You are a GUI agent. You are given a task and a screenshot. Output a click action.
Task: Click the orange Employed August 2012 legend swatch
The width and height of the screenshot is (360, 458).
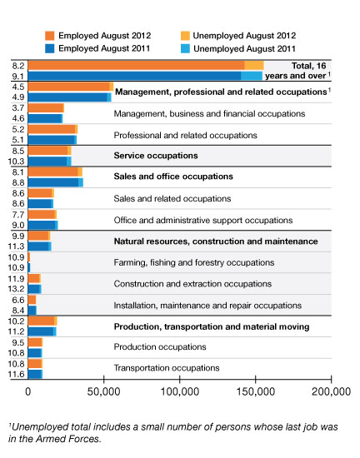pyautogui.click(x=50, y=36)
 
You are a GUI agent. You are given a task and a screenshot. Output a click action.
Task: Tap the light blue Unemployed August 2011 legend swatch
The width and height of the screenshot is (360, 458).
pyautogui.click(x=185, y=48)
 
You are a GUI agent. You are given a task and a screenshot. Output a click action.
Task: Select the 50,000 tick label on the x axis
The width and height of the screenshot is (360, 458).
pyautogui.click(x=103, y=391)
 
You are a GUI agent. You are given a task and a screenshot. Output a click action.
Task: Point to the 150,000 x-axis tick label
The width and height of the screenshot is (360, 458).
pyautogui.click(x=256, y=391)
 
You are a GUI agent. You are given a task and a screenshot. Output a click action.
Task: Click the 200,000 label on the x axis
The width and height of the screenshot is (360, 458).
pyautogui.click(x=332, y=391)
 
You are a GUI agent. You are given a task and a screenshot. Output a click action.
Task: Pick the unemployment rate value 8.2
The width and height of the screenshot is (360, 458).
pyautogui.click(x=18, y=66)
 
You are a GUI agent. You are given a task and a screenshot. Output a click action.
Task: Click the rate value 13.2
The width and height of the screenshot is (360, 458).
pyautogui.click(x=17, y=289)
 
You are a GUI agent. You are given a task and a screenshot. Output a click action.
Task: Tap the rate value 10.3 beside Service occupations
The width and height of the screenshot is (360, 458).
pyautogui.click(x=17, y=162)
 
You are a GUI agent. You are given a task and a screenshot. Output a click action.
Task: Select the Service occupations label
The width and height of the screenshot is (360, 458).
pyautogui.click(x=156, y=156)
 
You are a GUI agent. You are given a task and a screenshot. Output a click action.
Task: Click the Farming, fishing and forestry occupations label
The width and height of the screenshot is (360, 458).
pyautogui.click(x=194, y=262)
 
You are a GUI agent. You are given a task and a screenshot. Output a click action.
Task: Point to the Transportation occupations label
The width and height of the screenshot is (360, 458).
pyautogui.click(x=167, y=368)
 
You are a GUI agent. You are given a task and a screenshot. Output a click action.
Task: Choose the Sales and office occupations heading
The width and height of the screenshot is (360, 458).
pyautogui.click(x=173, y=177)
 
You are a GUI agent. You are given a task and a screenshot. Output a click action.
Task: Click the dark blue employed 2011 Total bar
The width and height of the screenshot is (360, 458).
pyautogui.click(x=134, y=76)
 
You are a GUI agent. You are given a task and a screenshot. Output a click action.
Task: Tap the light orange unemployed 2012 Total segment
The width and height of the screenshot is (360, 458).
pyautogui.click(x=254, y=66)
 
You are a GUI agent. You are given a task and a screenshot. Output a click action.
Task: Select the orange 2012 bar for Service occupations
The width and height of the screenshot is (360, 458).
pyautogui.click(x=48, y=151)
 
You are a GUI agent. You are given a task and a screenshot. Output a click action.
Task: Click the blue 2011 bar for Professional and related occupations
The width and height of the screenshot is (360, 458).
pyautogui.click(x=52, y=140)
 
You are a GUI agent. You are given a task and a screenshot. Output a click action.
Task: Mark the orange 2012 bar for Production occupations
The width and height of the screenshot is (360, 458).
pyautogui.click(x=35, y=342)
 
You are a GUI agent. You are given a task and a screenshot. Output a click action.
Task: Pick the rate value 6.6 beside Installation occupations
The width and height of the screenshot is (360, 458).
pyautogui.click(x=18, y=300)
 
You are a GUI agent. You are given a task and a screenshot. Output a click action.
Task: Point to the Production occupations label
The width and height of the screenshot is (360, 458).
pyautogui.click(x=160, y=346)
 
